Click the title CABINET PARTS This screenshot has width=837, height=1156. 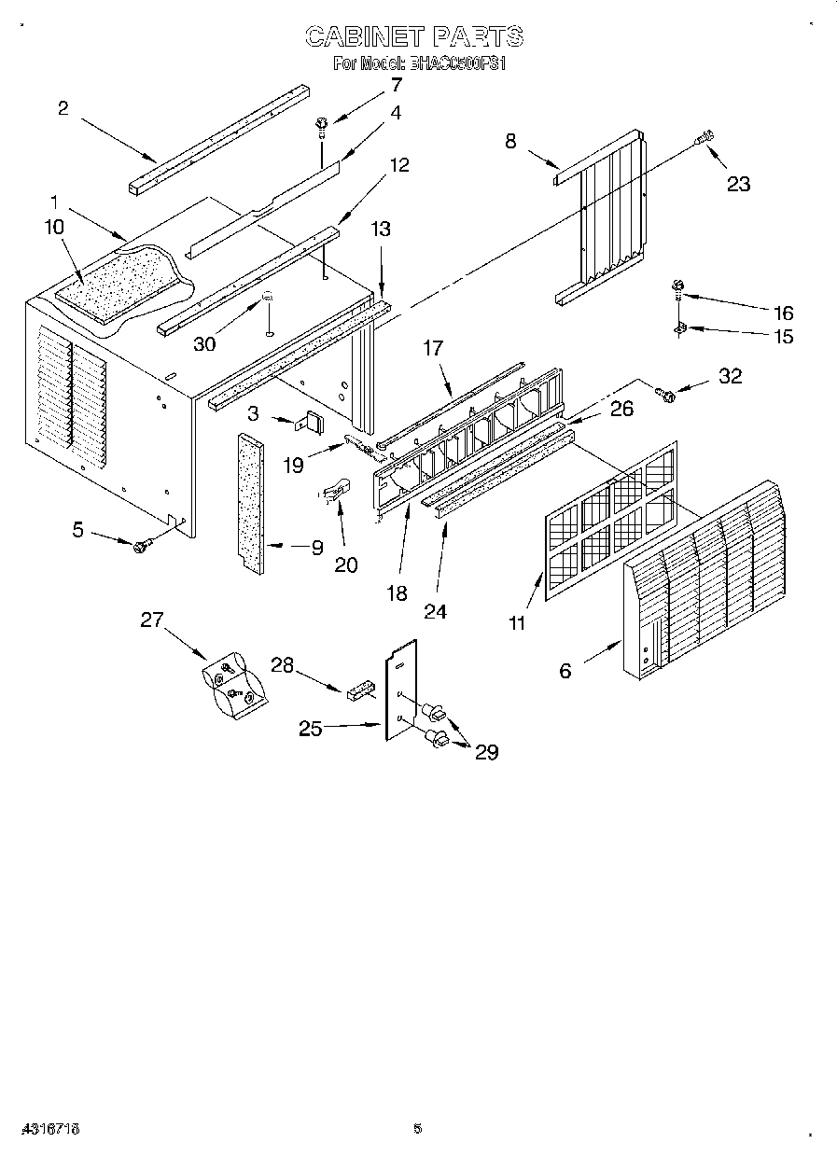tap(415, 36)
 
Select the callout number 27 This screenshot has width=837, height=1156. tap(152, 620)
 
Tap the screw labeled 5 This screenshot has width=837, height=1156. tap(142, 546)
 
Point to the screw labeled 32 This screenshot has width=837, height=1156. tap(666, 396)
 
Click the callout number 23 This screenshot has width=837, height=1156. tap(738, 184)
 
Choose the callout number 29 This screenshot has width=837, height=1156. tap(486, 752)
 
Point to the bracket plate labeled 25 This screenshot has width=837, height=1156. tap(401, 690)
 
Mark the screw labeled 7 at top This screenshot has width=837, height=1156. tap(321, 123)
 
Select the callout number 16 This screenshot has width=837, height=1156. tap(782, 313)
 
